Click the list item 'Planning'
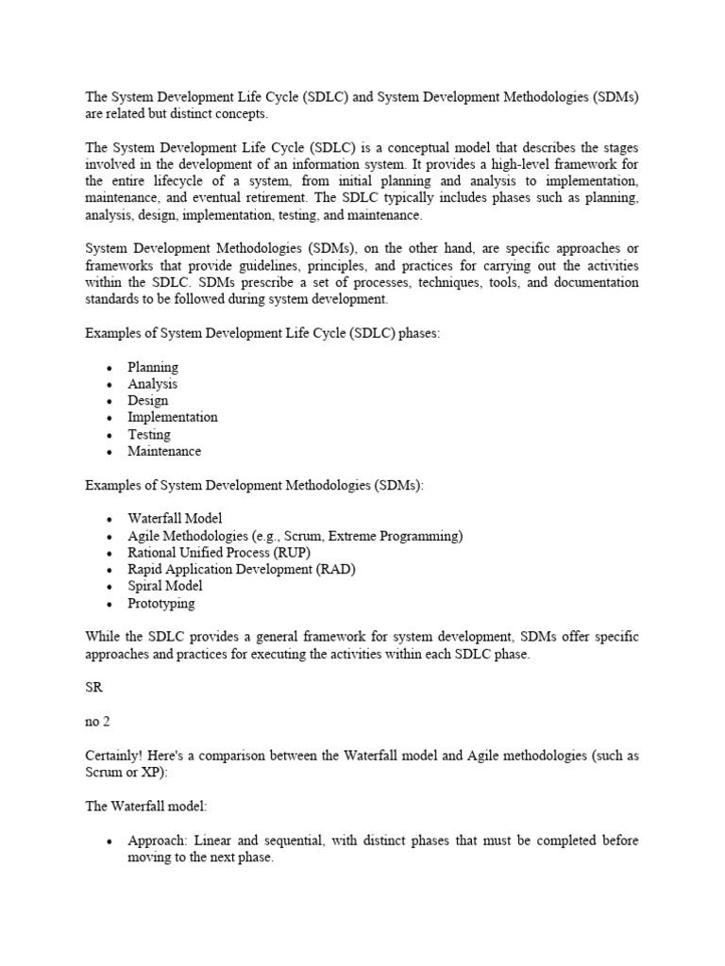pyautogui.click(x=153, y=367)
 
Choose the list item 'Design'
pyautogui.click(x=148, y=400)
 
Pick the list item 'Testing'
pyautogui.click(x=149, y=434)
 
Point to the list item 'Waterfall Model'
pyautogui.click(x=176, y=519)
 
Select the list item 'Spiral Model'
pyautogui.click(x=165, y=586)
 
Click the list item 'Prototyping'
pyautogui.click(x=161, y=603)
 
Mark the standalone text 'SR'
pyautogui.click(x=93, y=688)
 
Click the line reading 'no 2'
pyautogui.click(x=98, y=722)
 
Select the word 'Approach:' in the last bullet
pyautogui.click(x=157, y=841)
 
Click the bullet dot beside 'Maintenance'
pyautogui.click(x=110, y=452)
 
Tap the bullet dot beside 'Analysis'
pyautogui.click(x=110, y=385)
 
